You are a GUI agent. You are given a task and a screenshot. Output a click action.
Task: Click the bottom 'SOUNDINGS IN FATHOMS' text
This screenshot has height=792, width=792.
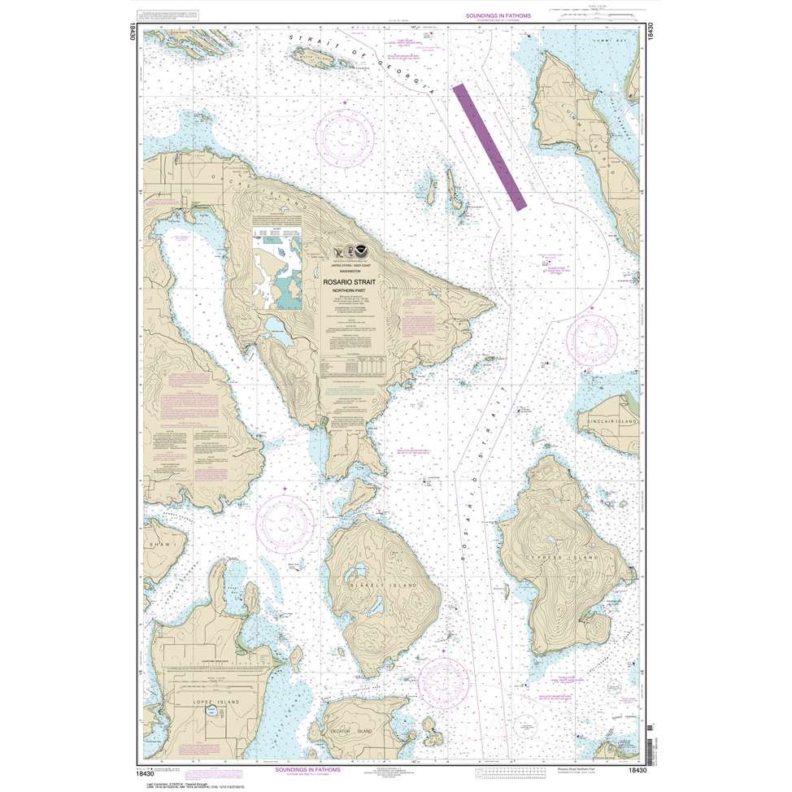(x=311, y=769)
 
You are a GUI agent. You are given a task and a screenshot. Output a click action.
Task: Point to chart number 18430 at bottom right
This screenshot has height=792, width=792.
(x=637, y=777)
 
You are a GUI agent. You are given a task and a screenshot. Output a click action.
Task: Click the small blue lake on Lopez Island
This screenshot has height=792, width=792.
(x=211, y=710)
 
